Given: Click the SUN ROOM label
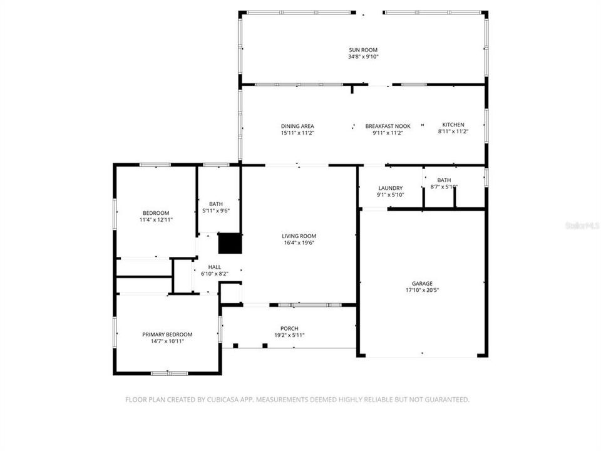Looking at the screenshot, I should (x=363, y=49).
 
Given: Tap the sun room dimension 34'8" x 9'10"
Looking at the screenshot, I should (x=363, y=57).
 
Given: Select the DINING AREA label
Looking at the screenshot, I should (x=297, y=125).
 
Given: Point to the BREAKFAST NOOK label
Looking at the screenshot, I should (x=388, y=125).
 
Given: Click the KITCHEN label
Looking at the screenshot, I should (x=453, y=125).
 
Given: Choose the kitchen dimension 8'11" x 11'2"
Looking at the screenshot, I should (x=453, y=132).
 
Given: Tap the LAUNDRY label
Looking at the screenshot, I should (x=390, y=188).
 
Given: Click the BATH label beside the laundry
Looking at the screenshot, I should (x=444, y=180).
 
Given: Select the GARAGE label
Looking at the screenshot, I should (x=422, y=283).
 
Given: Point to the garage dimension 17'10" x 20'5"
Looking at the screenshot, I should (x=422, y=291).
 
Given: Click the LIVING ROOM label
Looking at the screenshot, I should (x=299, y=236).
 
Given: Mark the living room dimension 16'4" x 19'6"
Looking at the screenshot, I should (x=299, y=243).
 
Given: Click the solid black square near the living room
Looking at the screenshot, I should (x=229, y=243).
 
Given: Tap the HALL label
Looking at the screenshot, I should (x=214, y=267).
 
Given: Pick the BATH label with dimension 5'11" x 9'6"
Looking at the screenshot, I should (x=215, y=204).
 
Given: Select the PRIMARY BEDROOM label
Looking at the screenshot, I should (x=167, y=334).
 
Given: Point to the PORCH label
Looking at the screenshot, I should (x=289, y=328).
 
